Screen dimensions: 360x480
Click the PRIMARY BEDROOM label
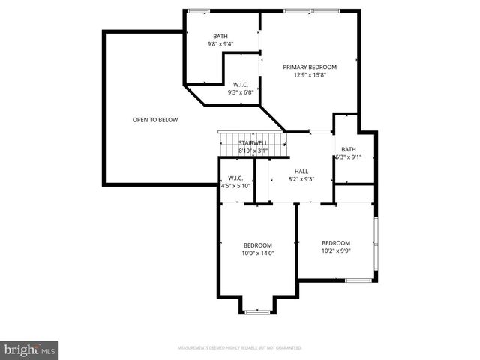(310, 67)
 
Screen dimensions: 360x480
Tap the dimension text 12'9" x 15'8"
(310, 75)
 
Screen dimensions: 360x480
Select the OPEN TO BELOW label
(155, 120)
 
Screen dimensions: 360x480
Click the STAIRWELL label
(253, 142)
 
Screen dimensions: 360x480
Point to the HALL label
(301, 171)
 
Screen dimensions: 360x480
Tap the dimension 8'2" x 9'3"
(301, 179)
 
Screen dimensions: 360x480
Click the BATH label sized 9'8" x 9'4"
(220, 36)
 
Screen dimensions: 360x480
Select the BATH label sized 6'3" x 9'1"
(348, 149)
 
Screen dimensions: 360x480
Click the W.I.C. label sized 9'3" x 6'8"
(241, 84)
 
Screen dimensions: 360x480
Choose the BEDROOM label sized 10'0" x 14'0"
(257, 245)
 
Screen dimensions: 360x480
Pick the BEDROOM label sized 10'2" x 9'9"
(336, 242)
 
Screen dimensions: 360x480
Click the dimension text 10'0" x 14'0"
(257, 253)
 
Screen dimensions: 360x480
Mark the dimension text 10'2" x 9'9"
(336, 250)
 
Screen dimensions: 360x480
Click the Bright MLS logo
(30, 349)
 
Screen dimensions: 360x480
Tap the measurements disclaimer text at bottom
(239, 348)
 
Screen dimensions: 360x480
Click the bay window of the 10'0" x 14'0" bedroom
(257, 311)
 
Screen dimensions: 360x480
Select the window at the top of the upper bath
(199, 10)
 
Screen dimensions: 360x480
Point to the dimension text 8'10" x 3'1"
(253, 151)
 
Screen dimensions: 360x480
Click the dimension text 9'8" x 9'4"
(220, 44)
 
